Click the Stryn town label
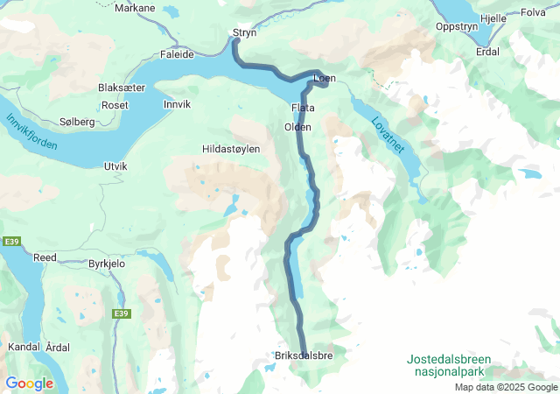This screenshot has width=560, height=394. click(x=243, y=33)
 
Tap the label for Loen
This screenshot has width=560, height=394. click(x=324, y=78)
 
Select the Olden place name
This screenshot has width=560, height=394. click(x=297, y=127)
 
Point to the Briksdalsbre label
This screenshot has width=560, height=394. click(x=304, y=355)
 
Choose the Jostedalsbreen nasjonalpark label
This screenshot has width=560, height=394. click(x=449, y=366)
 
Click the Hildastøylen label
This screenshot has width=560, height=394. click(x=231, y=150)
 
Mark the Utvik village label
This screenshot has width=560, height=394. click(x=115, y=165)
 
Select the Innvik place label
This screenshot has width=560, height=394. click(x=177, y=104)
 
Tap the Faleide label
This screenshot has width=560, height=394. click(x=178, y=53)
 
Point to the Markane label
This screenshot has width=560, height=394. click(x=136, y=9)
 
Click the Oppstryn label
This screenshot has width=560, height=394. click(x=457, y=26)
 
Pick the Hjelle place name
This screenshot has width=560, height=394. click(x=493, y=18)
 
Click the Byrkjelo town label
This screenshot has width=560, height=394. click(x=110, y=263)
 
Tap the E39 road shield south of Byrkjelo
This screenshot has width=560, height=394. click(x=121, y=313)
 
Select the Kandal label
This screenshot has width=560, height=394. click(x=23, y=347)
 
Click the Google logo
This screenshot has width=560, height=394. click(x=29, y=383)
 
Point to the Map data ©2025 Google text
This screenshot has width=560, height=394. click(x=506, y=387)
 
